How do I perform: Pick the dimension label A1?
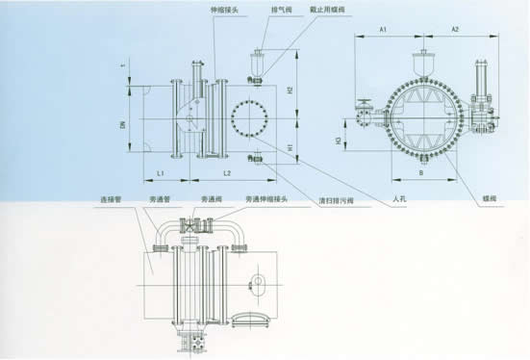382,31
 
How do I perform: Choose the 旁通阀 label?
210,201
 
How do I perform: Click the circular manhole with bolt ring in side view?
249,118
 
